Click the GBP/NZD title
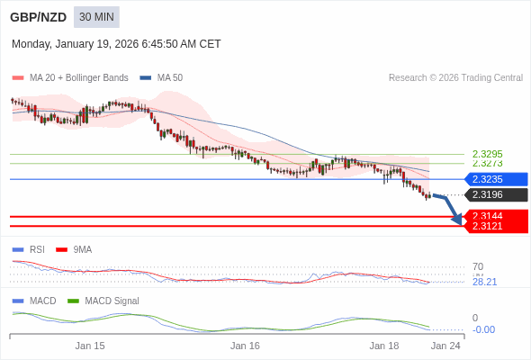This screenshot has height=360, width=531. point(36,17)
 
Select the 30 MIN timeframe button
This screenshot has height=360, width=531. point(96,17)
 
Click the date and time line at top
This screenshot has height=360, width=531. point(116,44)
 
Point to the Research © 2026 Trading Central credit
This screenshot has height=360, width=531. point(455,78)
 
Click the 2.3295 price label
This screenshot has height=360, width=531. point(487,154)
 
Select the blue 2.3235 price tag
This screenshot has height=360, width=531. point(495,179)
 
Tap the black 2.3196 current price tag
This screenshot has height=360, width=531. point(495,194)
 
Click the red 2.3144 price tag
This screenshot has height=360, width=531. point(495,216)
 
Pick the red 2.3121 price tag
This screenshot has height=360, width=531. point(495,226)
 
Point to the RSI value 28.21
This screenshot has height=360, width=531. point(484,282)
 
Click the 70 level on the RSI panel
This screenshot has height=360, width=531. point(478,266)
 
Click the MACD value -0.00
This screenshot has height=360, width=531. point(483,329)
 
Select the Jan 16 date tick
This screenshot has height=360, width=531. point(245,346)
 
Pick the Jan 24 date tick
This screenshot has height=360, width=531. point(445,346)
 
